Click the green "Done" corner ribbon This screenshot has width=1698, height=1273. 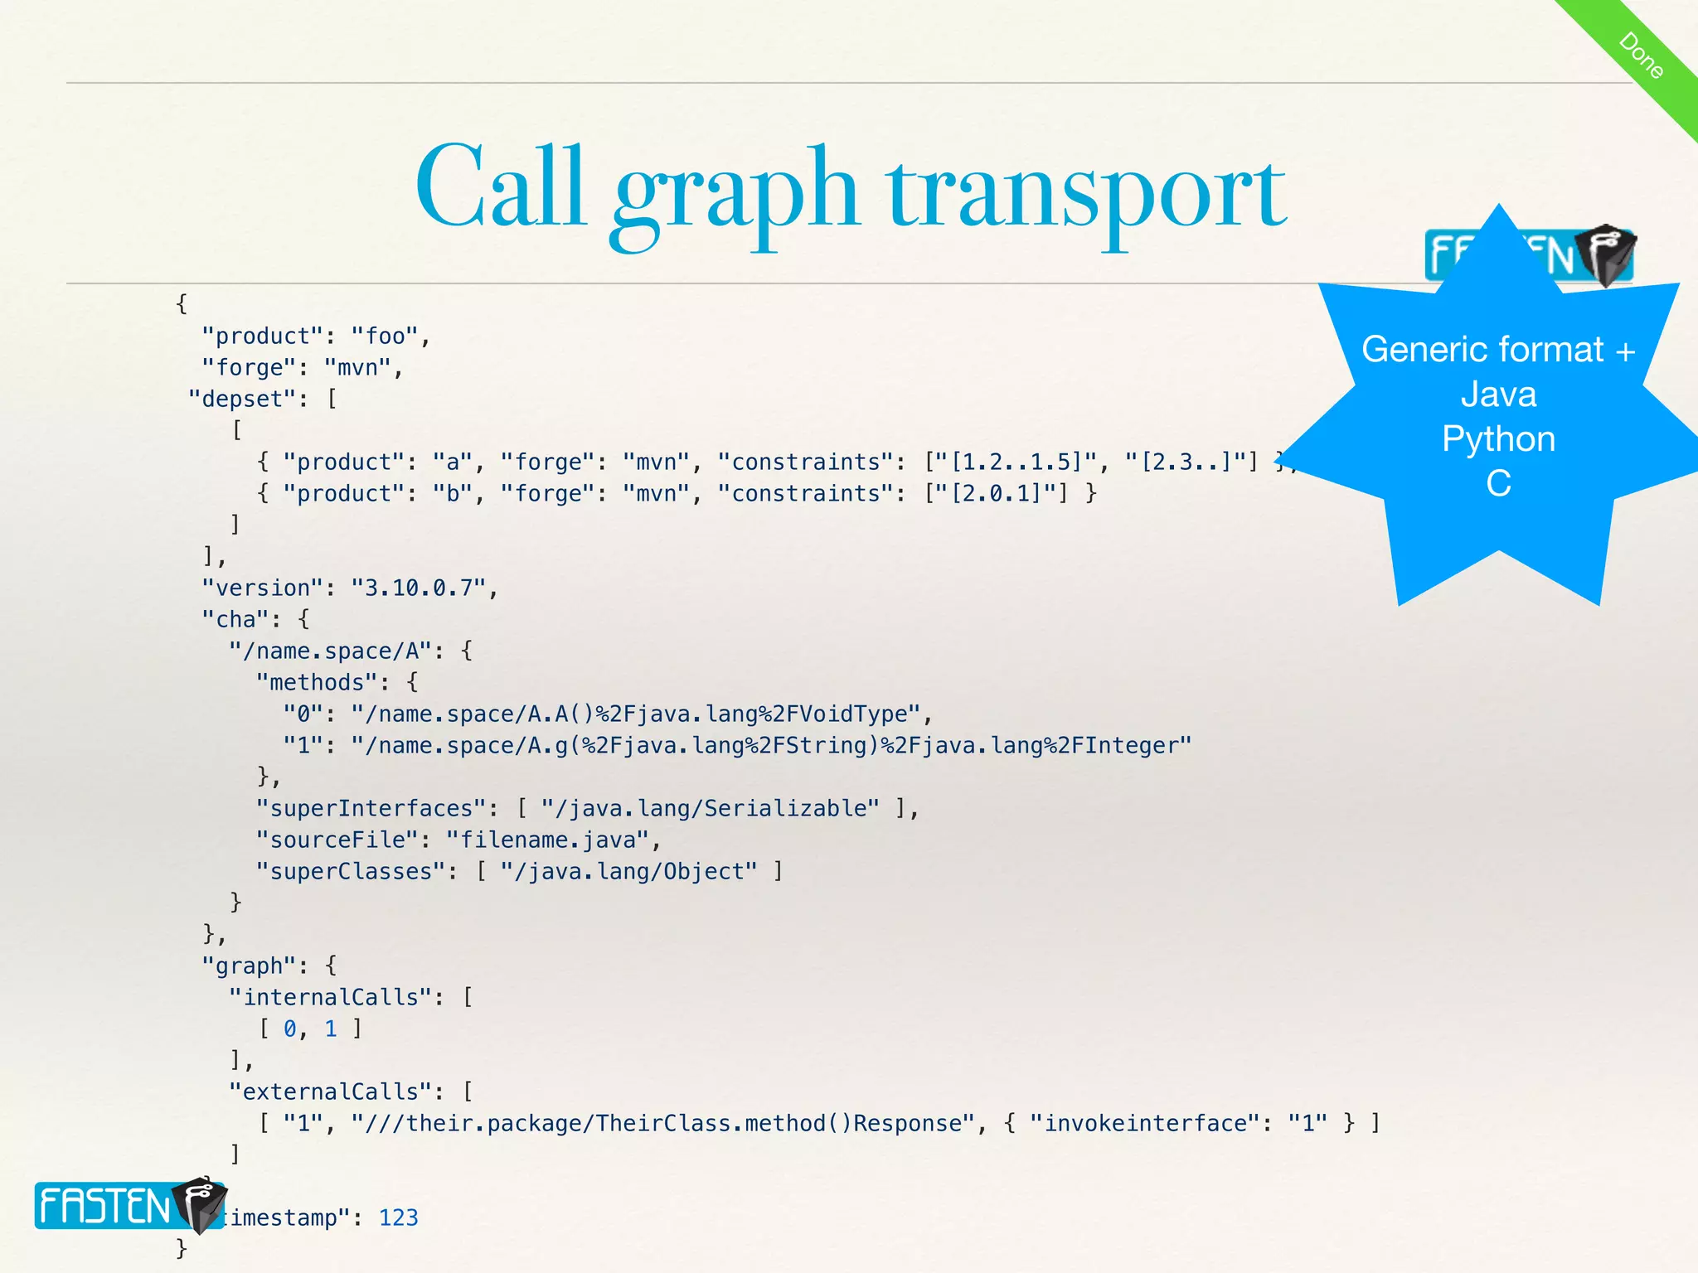[x=1641, y=55]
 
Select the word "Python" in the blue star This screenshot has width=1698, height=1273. [x=1498, y=439]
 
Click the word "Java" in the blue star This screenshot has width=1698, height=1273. [x=1498, y=394]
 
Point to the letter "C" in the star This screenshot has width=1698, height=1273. [x=1498, y=484]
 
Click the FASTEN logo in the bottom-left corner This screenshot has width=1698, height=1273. [x=129, y=1205]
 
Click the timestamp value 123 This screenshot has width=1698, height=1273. [x=398, y=1217]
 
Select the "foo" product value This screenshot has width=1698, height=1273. [x=386, y=336]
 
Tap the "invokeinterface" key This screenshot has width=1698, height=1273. [x=1146, y=1123]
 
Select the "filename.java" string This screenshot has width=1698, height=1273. [x=546, y=840]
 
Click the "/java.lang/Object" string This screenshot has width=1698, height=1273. [x=628, y=871]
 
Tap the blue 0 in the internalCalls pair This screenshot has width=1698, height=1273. [x=289, y=1029]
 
